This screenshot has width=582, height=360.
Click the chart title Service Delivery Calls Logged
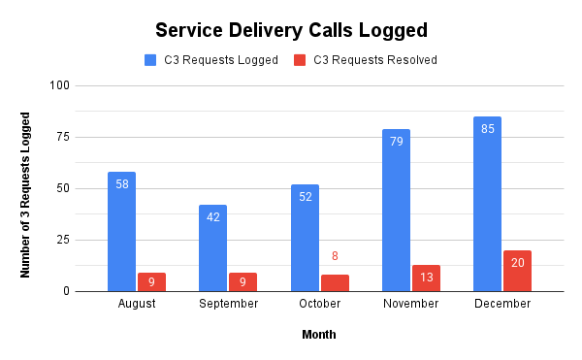tap(291, 29)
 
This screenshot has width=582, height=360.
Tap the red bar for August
tap(151, 281)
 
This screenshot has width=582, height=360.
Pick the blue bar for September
tap(213, 247)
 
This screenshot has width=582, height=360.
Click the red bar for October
tap(335, 282)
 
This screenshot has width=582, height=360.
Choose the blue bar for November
tap(396, 210)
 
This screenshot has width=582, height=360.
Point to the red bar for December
tap(517, 271)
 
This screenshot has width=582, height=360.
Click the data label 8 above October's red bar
tap(335, 257)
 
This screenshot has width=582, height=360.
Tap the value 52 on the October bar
tap(305, 196)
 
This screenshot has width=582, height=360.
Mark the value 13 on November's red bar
tap(426, 278)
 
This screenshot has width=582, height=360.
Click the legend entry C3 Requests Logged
tap(211, 60)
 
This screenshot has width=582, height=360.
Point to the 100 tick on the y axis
tap(61, 85)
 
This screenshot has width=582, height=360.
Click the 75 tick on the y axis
tap(64, 137)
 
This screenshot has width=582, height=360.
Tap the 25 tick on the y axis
tap(64, 240)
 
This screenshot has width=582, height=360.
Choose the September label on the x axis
tap(228, 304)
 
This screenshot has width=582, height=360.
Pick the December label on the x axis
tap(502, 304)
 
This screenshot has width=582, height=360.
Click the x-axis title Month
tap(319, 335)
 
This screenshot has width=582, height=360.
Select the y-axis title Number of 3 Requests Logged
tap(26, 194)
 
